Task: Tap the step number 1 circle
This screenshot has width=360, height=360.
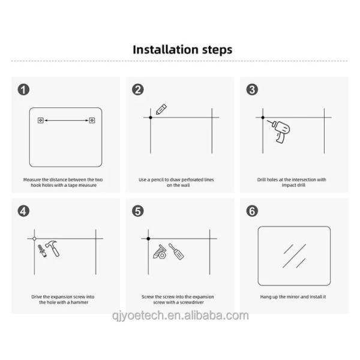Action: tap(23, 89)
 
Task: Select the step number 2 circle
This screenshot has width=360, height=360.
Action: tap(138, 89)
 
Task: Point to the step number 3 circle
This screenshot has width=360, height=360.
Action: tap(252, 89)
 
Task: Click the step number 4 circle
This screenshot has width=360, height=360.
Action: tap(23, 211)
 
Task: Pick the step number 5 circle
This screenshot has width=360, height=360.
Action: tap(138, 211)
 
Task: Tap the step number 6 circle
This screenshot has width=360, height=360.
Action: tap(252, 211)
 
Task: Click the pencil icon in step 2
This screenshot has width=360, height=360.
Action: tap(161, 109)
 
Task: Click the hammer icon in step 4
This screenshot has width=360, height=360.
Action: tap(53, 248)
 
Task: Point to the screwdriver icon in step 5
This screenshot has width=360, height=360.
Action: tap(176, 251)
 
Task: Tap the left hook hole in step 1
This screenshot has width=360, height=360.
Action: tap(41, 121)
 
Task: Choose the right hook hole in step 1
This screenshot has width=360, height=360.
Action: tap(92, 121)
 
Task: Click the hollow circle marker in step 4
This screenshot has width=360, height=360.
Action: tap(34, 239)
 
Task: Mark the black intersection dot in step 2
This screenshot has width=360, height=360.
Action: tap(151, 118)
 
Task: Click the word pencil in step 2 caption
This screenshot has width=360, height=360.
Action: tap(157, 179)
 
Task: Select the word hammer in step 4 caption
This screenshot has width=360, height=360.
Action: tap(80, 302)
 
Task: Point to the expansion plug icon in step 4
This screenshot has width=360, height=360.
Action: tap(42, 251)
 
